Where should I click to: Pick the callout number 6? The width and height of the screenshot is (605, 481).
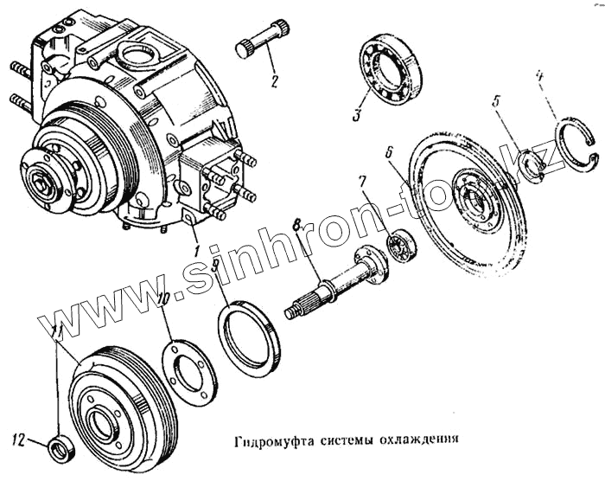point(390,151)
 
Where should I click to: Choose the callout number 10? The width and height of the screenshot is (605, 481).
point(164,300)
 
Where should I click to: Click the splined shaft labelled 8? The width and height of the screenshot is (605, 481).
point(333,285)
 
